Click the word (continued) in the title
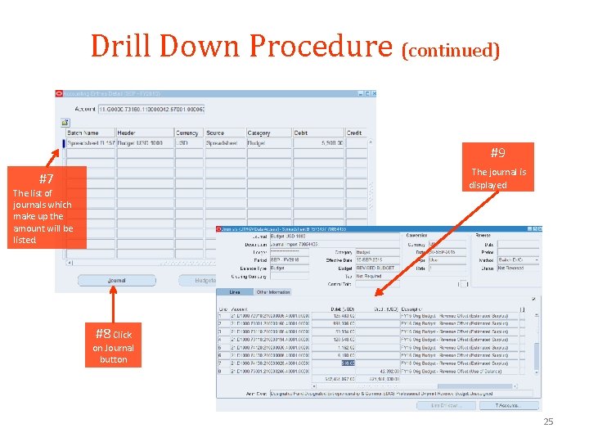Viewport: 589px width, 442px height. click(x=451, y=51)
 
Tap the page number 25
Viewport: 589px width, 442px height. click(x=548, y=422)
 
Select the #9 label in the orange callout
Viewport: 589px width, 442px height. click(x=497, y=153)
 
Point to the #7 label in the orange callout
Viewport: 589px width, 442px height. click(x=46, y=178)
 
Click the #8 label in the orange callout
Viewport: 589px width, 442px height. click(x=102, y=334)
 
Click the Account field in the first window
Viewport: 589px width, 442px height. click(x=155, y=108)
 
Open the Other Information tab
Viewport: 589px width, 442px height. click(x=273, y=292)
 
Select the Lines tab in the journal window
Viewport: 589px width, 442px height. click(x=235, y=292)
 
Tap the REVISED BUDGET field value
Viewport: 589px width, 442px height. click(x=376, y=268)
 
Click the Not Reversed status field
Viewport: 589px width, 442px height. click(x=515, y=268)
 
